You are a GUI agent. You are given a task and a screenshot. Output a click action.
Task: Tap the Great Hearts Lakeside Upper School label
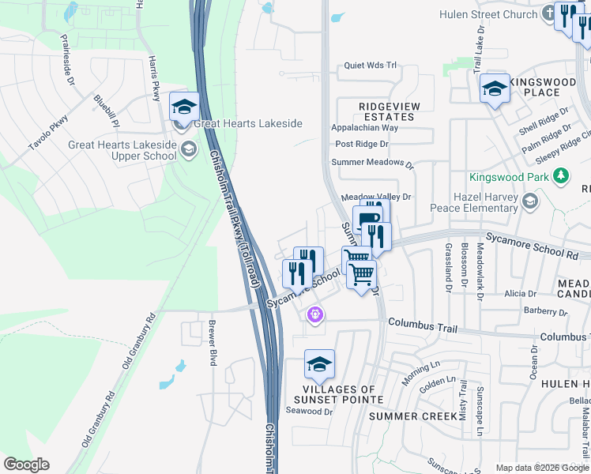point(122,150)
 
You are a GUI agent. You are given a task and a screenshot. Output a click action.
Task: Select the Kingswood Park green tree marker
point(562,176)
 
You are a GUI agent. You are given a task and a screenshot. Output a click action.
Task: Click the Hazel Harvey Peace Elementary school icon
point(529,203)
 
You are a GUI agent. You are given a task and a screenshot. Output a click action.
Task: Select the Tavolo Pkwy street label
point(48,134)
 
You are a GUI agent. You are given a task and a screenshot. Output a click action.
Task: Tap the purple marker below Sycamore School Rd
point(315,315)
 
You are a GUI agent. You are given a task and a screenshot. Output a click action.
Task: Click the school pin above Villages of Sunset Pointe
point(319,365)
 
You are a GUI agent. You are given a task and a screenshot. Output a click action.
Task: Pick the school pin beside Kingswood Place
point(495,88)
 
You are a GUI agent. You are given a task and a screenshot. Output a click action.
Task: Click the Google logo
point(27,465)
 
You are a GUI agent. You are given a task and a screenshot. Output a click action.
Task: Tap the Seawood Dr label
point(309,410)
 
